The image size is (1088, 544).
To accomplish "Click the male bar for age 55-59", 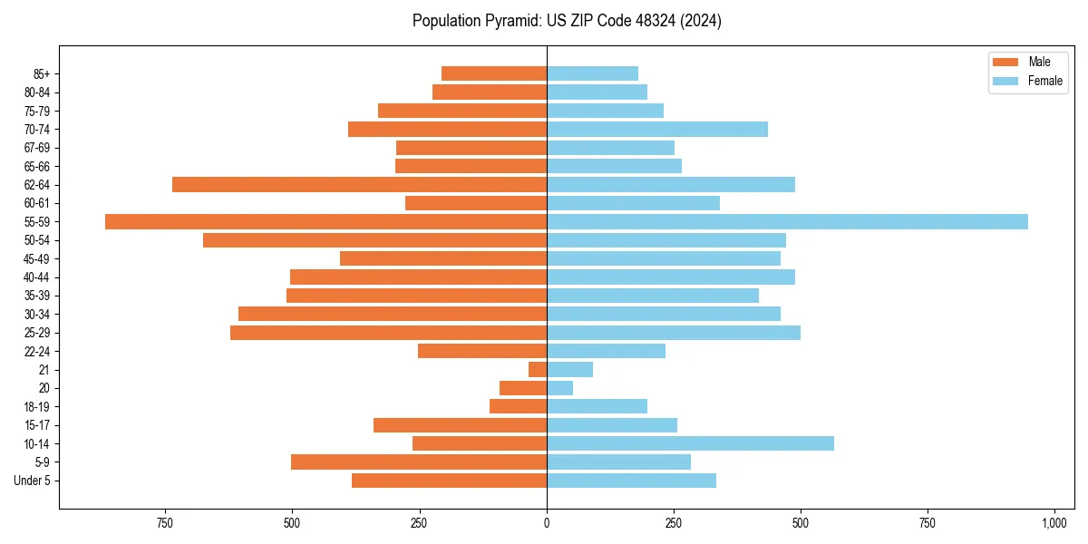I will [326, 221].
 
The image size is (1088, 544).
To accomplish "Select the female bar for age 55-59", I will [787, 221].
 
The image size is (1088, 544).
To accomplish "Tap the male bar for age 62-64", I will [359, 184].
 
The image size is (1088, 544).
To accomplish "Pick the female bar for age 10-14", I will [690, 443].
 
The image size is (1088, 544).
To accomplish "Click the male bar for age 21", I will [538, 369].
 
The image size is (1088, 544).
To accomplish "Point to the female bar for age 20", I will [559, 388].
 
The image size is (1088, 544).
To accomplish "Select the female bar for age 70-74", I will [657, 129].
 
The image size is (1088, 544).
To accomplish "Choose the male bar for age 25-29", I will [388, 333].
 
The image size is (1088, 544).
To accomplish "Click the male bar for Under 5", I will [449, 481].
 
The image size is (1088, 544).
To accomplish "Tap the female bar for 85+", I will [592, 73].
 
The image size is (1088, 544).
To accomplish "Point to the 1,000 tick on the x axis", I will [1054, 523].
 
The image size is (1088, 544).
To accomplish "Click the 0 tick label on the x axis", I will [547, 523].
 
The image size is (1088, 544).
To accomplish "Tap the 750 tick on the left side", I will [164, 523].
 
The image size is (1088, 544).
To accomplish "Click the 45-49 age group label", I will [37, 258].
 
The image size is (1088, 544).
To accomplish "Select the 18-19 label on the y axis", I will [37, 406].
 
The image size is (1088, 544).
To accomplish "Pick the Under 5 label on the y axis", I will [33, 481].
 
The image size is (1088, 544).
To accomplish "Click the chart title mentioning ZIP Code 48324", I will [567, 21].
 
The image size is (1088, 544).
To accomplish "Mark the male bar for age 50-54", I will [374, 240].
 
